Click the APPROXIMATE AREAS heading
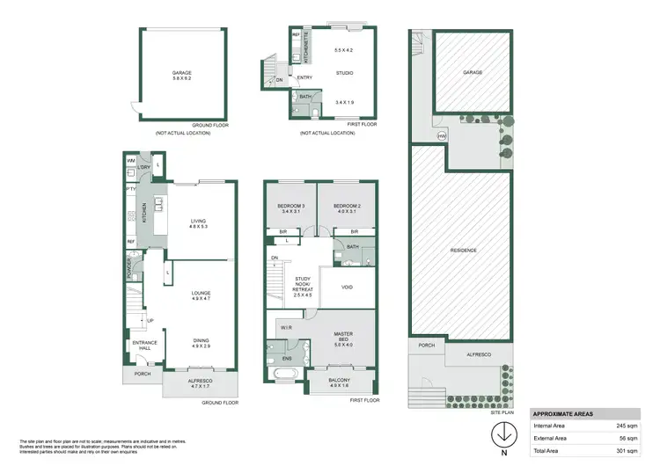tap(562, 412)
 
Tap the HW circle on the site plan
tap(442, 136)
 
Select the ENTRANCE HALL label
tap(143, 345)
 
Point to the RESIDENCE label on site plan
tap(464, 250)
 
